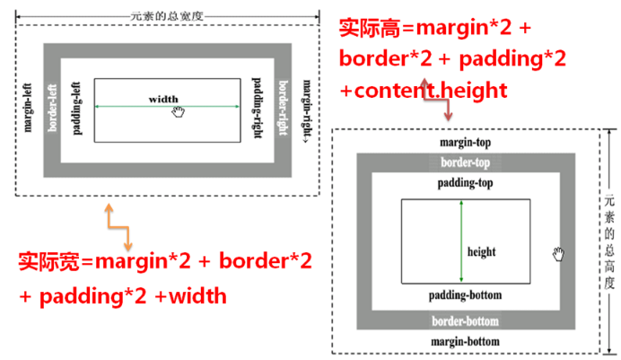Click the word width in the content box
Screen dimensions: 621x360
pyautogui.click(x=163, y=99)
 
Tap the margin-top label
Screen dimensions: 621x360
pyautogui.click(x=464, y=143)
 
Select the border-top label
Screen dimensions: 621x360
pyautogui.click(x=464, y=163)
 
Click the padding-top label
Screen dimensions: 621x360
pyautogui.click(x=464, y=182)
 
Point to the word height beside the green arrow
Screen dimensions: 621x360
pyautogui.click(x=481, y=251)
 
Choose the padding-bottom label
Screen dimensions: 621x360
pyautogui.click(x=464, y=295)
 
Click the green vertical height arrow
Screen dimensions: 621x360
pyautogui.click(x=460, y=242)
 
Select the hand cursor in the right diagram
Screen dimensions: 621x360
pyautogui.click(x=560, y=254)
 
